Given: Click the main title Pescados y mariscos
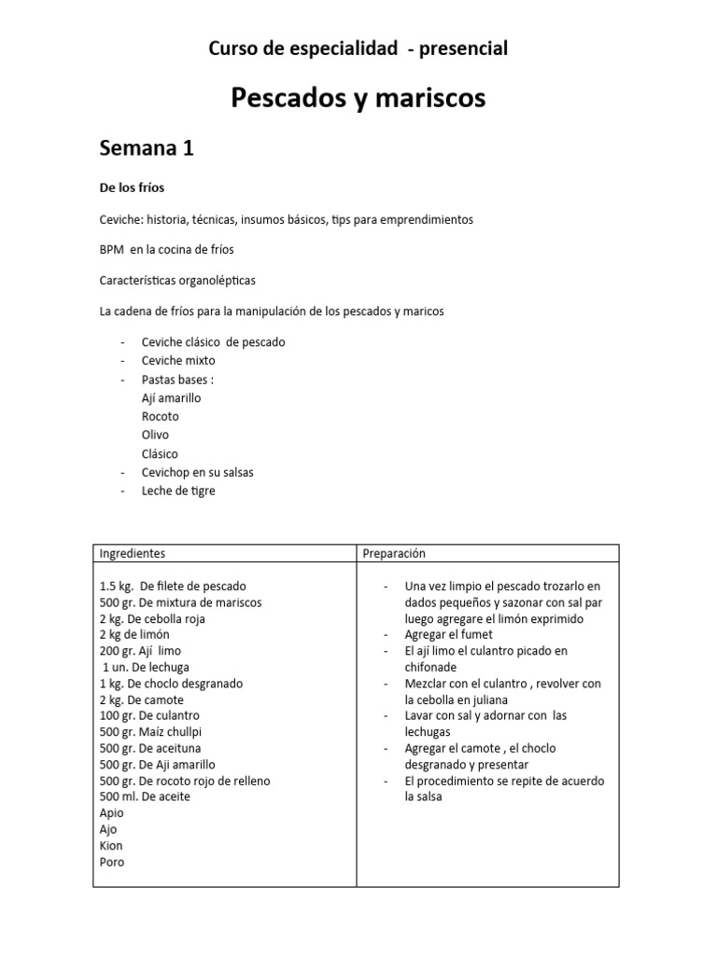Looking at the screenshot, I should [x=358, y=98].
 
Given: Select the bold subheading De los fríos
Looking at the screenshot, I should [x=132, y=187].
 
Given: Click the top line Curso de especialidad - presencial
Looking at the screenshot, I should [x=358, y=48].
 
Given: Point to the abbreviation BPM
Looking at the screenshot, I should [x=112, y=250].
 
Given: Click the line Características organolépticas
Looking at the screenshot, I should [x=176, y=280].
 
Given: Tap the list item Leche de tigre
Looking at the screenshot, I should [x=178, y=491].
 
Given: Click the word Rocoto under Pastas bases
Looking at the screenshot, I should [x=160, y=417].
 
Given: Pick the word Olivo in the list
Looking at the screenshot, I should [x=155, y=435].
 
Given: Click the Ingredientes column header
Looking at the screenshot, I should [x=133, y=553].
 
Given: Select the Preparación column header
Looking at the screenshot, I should [x=394, y=553].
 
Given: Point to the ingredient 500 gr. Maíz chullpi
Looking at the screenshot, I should [x=150, y=732].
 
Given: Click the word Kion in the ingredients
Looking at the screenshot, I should [x=111, y=846].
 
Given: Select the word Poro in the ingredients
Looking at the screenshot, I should [x=111, y=862].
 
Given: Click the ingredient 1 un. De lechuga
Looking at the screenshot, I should [x=148, y=667].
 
